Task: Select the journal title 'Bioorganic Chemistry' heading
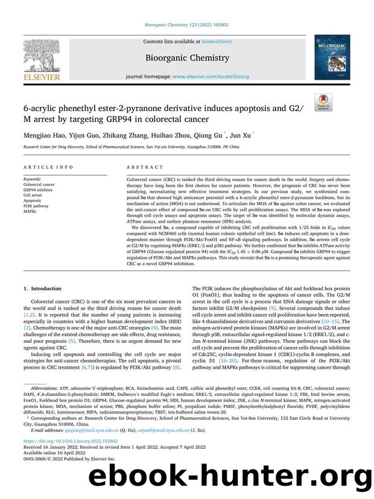pyautogui.click(x=186, y=58)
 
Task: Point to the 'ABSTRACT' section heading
pyautogui.click(x=145, y=167)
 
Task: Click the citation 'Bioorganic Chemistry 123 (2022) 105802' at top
pyautogui.click(x=186, y=25)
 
